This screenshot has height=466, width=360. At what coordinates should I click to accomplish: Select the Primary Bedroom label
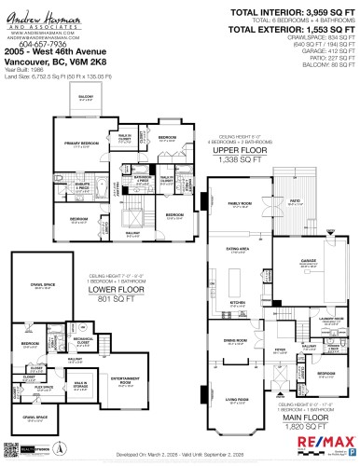coord(81,143)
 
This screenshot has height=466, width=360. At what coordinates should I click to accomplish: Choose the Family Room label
coord(240,203)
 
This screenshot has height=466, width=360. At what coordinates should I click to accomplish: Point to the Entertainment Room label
coord(125,379)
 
